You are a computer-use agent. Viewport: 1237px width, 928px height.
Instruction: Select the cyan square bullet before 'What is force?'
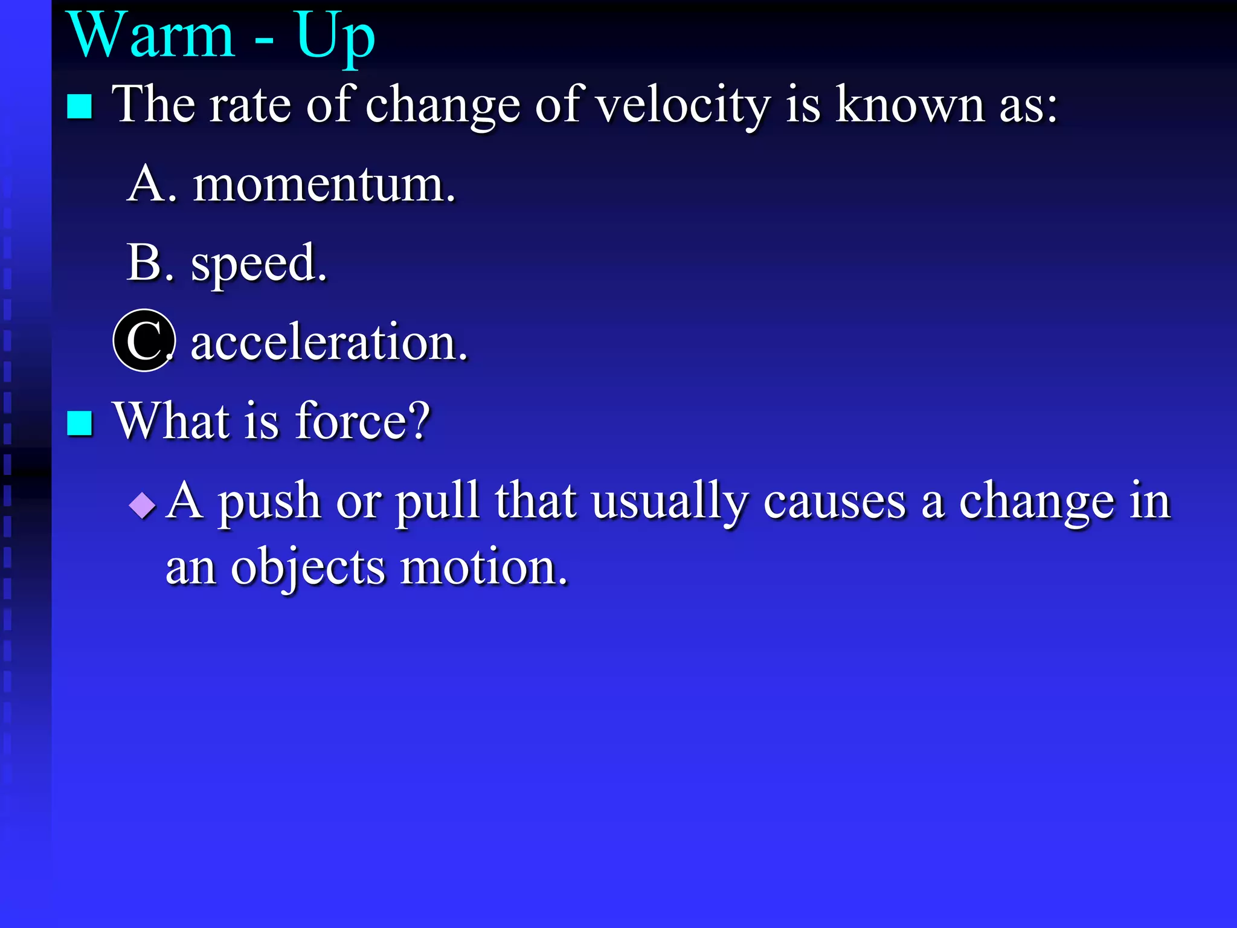coord(80,423)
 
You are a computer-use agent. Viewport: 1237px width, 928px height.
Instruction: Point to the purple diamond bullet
coord(143,504)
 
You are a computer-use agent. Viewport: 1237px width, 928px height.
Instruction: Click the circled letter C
coord(144,341)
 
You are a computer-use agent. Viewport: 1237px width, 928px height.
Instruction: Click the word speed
coord(259,264)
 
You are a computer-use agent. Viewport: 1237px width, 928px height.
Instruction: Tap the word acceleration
coord(329,343)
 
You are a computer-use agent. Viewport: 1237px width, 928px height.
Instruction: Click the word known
coord(911,105)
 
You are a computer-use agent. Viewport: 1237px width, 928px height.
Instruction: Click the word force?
coord(362,421)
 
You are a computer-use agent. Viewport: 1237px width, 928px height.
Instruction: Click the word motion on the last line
coord(483,568)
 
